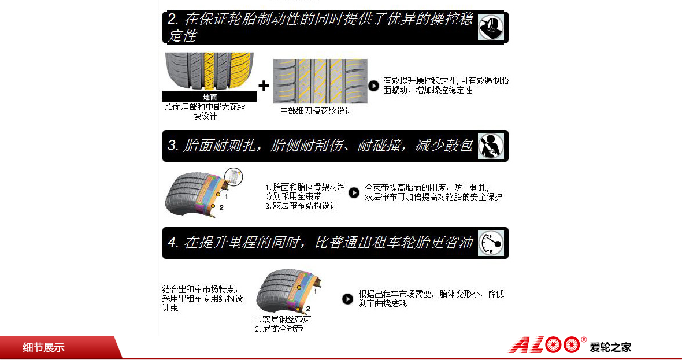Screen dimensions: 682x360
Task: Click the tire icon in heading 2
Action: coord(491,27)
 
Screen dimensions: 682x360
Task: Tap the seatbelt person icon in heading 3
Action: coord(491,146)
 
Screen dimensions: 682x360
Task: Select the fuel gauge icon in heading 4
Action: coord(491,243)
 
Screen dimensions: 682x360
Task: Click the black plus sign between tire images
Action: coord(264,86)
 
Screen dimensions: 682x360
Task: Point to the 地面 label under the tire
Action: coord(210,97)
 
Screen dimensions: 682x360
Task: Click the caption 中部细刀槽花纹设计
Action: coord(316,111)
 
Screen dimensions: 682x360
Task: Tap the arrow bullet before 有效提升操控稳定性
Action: coord(373,86)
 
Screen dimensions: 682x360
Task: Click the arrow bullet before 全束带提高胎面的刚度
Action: coord(354,192)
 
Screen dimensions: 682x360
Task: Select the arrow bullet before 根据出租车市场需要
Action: coord(347,299)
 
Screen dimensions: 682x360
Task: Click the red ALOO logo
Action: coord(545,345)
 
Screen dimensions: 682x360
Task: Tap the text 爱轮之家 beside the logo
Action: coord(610,347)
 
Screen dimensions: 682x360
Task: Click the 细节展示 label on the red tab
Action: coord(43,348)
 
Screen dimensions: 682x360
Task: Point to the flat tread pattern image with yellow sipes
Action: coord(320,81)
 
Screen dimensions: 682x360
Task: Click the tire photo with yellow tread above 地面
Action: coord(209,71)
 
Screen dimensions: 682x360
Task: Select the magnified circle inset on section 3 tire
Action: coord(233,176)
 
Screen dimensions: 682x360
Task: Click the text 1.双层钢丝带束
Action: coord(283,320)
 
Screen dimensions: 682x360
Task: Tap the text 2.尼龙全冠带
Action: coord(279,329)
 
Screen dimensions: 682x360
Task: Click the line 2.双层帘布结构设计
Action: coord(302,206)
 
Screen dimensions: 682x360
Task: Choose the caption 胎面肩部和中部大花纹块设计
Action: coord(205,112)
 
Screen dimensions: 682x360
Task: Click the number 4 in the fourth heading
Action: coord(172,243)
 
